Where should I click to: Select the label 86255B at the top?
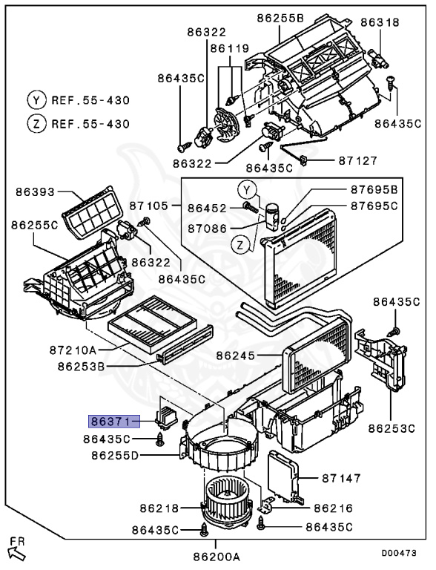pyautogui.click(x=280, y=18)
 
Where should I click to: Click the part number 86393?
pyautogui.click(x=36, y=192)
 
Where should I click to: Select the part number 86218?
pyautogui.click(x=159, y=508)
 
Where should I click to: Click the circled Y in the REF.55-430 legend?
pyautogui.click(x=35, y=99)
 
